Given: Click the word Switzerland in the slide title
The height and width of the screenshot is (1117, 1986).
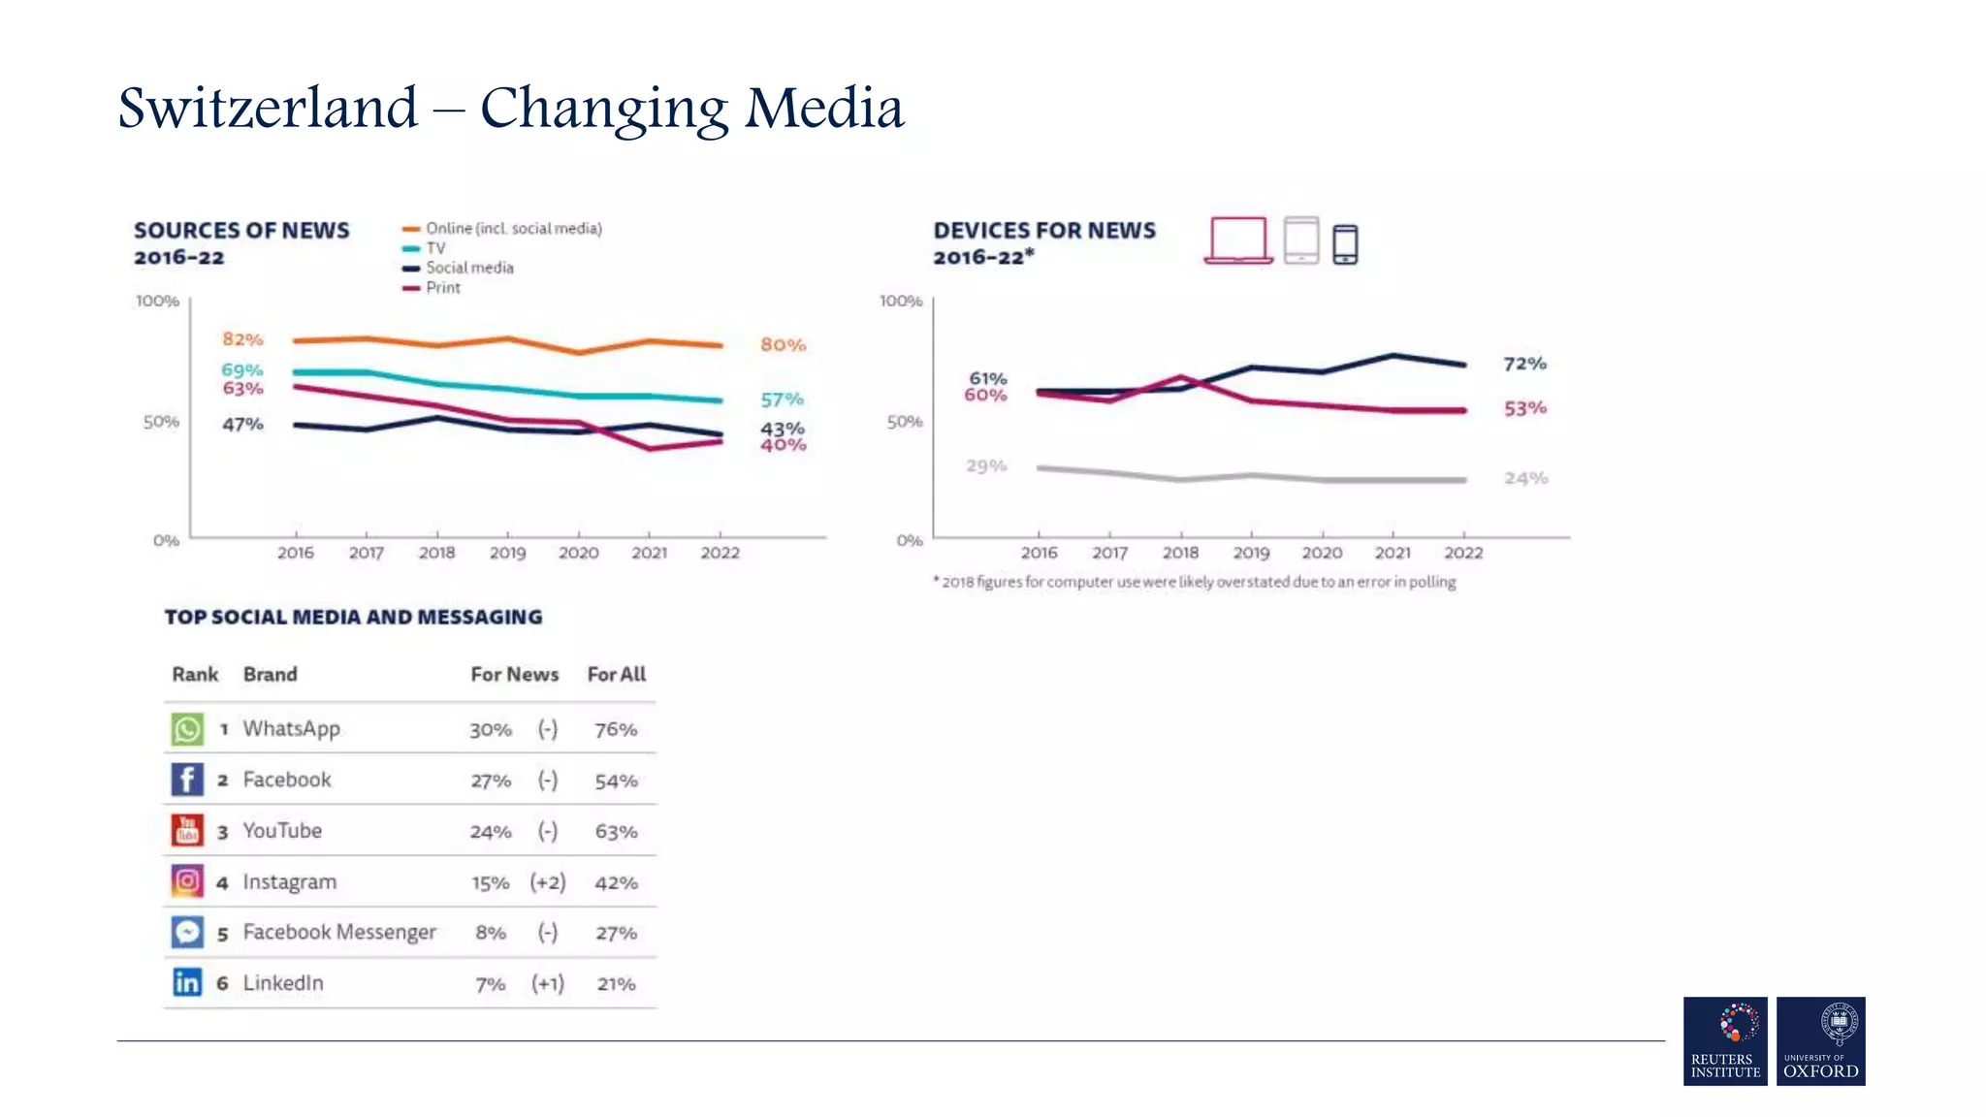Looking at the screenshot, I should click(268, 108).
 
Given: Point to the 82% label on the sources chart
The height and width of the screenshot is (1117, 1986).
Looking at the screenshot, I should click(242, 339).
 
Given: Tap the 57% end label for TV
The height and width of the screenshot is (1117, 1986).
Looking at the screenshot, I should click(782, 399).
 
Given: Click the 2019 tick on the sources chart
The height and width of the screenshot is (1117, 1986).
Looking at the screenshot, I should click(507, 553).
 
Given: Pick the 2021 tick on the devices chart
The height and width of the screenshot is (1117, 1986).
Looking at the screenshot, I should click(1393, 553).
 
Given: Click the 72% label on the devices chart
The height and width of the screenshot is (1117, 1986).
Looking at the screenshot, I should click(1524, 364).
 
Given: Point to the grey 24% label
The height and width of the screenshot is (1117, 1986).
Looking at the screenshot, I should click(1525, 478).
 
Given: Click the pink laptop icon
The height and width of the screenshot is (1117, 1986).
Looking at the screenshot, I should click(1238, 240).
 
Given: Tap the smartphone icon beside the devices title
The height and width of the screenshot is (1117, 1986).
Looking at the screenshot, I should click(1345, 244).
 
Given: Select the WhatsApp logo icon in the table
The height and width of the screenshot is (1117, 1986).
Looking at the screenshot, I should click(187, 729).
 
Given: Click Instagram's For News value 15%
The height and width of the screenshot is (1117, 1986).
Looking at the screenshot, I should click(490, 883).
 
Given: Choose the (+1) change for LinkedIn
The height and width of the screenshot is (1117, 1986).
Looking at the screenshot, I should click(548, 984).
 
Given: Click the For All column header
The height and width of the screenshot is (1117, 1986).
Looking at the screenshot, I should click(616, 675).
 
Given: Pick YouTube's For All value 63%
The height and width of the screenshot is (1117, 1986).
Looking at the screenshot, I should click(616, 832).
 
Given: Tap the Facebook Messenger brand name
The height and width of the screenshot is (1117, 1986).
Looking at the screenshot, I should click(339, 933).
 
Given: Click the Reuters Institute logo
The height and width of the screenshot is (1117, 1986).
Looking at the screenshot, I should click(1725, 1040).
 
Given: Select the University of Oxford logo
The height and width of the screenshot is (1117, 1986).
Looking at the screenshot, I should click(1820, 1040).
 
